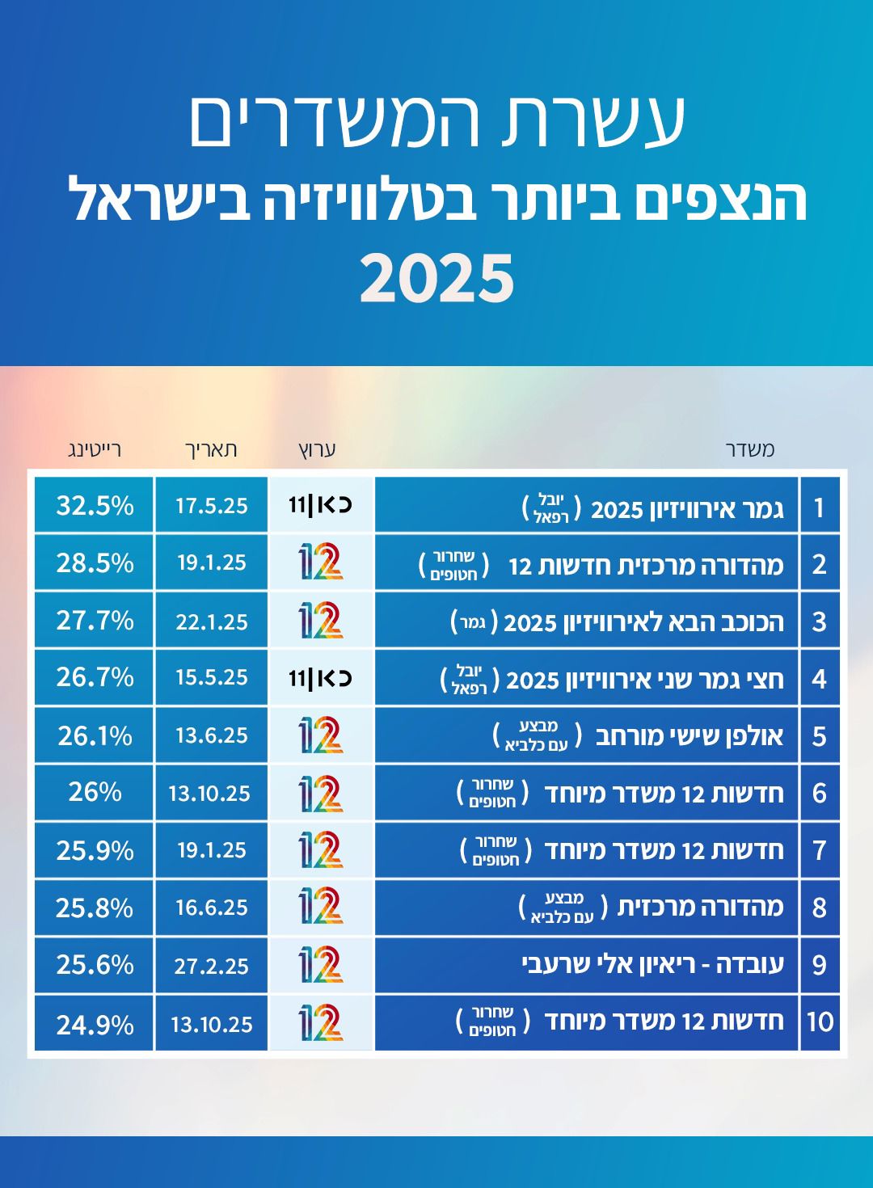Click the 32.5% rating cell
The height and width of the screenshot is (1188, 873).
[x=95, y=506]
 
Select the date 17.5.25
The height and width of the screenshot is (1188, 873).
[x=211, y=506]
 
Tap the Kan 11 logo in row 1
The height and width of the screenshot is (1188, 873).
[x=320, y=506]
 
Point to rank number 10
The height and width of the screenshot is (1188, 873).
[x=820, y=1022]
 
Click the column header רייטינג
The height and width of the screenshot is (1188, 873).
[x=94, y=449]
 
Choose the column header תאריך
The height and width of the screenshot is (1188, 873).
[x=211, y=449]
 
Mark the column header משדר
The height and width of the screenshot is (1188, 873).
[x=749, y=449]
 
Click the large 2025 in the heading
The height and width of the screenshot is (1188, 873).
[x=436, y=278]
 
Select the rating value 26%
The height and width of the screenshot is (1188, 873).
[x=95, y=792]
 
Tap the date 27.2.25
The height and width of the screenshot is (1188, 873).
[x=211, y=966]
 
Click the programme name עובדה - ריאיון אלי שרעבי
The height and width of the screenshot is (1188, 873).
[x=652, y=964]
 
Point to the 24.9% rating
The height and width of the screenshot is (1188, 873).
[x=95, y=1025]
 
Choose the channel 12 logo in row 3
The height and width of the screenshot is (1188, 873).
[x=320, y=621]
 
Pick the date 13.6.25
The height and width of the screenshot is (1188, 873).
[x=211, y=735]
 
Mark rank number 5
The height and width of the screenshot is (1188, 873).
[x=820, y=736]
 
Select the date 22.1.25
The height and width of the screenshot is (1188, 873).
[x=211, y=621]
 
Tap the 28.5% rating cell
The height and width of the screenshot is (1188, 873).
[x=95, y=562]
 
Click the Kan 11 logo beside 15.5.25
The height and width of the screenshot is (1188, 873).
[x=320, y=677]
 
